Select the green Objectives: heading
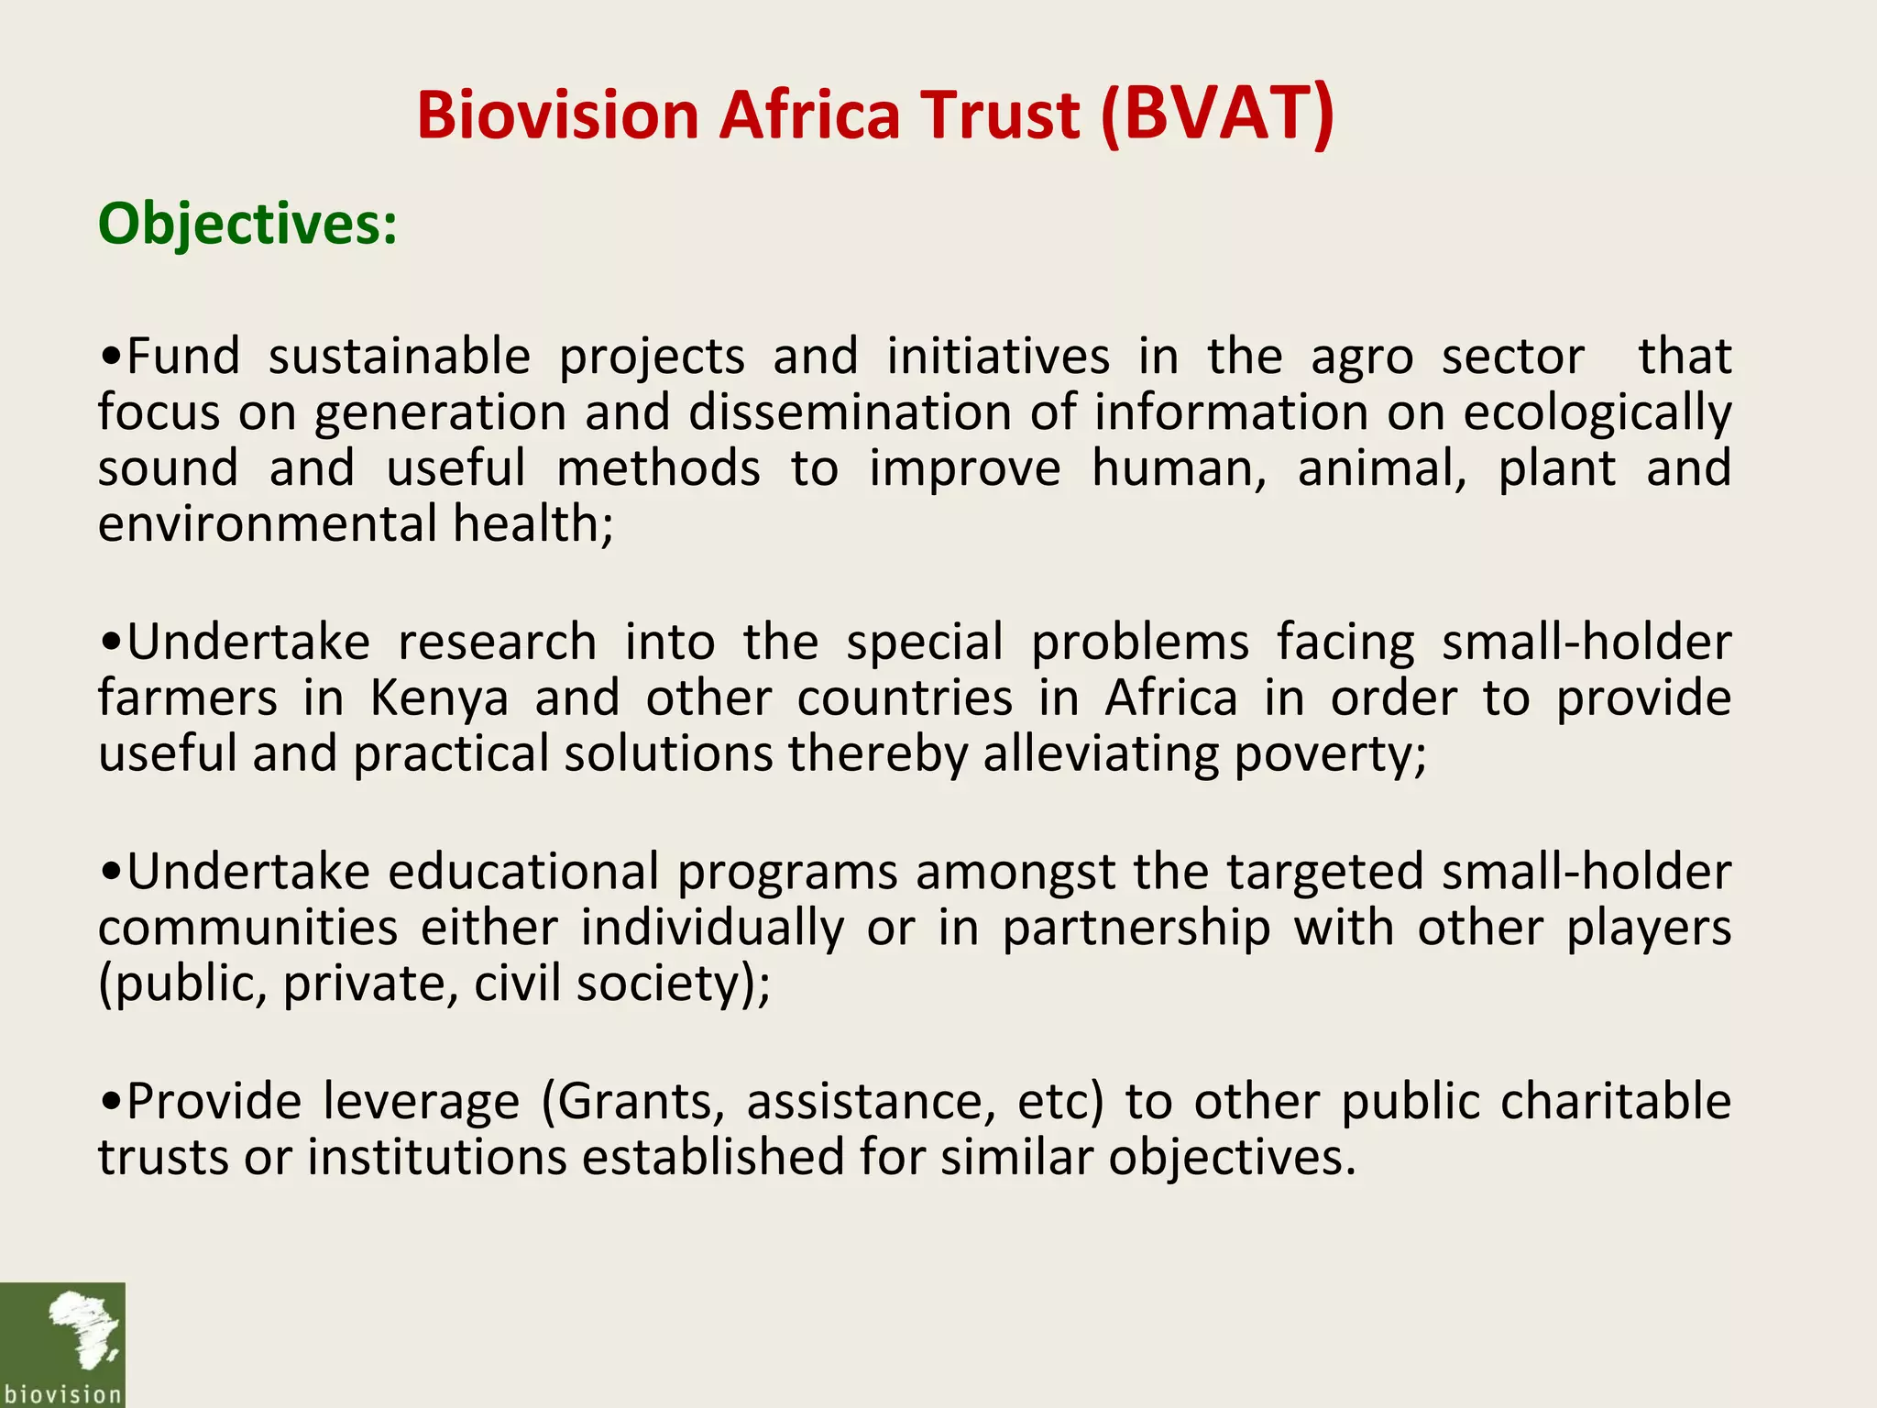247,224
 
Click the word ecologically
1597,412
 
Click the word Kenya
439,698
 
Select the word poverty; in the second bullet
1330,755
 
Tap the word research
498,642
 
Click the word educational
523,872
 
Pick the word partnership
1136,929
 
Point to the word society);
674,984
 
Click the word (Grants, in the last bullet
632,1102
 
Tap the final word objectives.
1231,1158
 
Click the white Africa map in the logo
82,1328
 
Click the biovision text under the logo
62,1394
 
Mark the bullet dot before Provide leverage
111,1104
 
